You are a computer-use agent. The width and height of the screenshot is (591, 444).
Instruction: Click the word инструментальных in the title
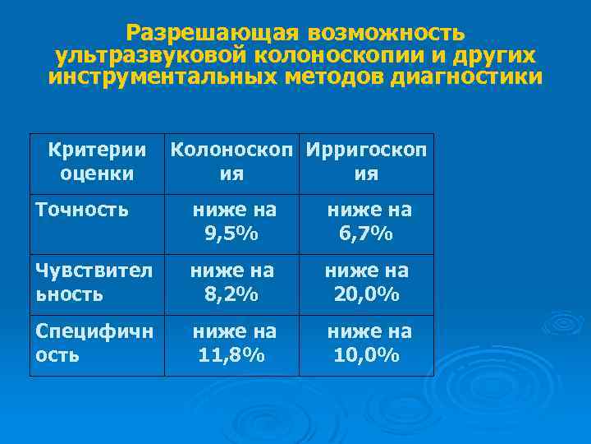tap(165, 78)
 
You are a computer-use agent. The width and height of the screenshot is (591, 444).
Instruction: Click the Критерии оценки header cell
tap(97, 162)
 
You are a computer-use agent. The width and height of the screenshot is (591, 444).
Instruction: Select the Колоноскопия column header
tap(232, 162)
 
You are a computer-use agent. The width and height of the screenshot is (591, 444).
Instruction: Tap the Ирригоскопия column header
tap(366, 162)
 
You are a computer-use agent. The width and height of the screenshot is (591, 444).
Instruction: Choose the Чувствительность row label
tap(94, 281)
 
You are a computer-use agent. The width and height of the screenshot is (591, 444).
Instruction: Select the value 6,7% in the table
tap(366, 234)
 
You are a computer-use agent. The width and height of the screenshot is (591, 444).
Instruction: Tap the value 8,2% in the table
tap(231, 294)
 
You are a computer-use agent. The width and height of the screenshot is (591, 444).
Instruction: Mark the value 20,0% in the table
tap(366, 294)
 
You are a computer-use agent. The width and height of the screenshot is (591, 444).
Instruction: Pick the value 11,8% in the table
tap(231, 356)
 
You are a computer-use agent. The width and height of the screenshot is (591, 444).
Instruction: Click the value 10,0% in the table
tap(366, 356)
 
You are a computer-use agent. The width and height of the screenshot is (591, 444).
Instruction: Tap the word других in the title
tap(502, 56)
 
